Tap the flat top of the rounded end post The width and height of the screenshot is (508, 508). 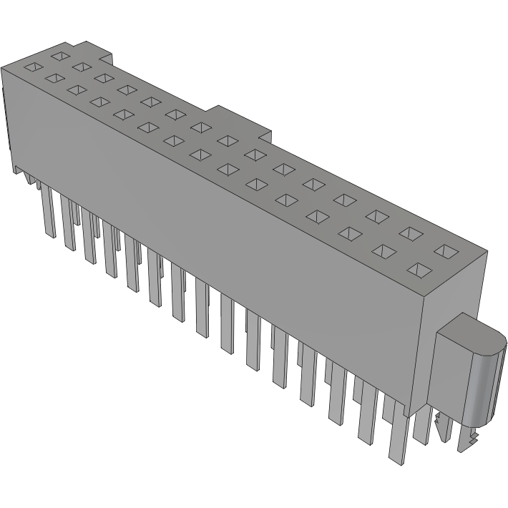pyautogui.click(x=464, y=333)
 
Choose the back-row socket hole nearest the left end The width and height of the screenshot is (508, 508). pyautogui.click(x=60, y=55)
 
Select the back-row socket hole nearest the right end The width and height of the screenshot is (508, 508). pyautogui.click(x=447, y=250)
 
